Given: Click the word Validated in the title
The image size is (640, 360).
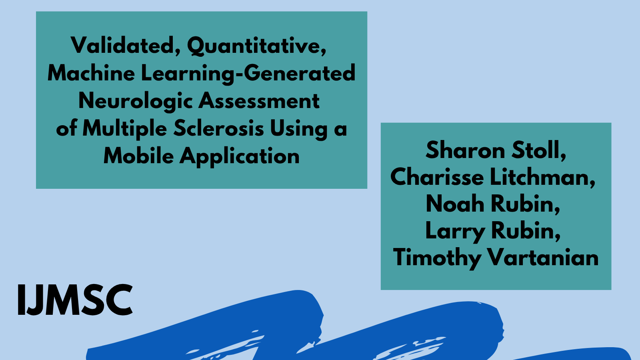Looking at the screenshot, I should pos(122,45).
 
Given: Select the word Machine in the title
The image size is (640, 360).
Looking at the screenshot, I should pos(91,73).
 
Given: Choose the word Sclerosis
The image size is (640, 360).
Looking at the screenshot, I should pos(219,128).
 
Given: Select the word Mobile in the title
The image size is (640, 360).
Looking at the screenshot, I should pos(138,156).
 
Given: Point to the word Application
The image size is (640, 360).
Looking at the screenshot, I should pos(240,156).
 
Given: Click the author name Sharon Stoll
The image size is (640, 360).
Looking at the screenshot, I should pos(496,150).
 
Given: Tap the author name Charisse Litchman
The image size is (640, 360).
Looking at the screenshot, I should pos(493,177).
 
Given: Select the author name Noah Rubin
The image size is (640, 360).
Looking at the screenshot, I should pos(493,204).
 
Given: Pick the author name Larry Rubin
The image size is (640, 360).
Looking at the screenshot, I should pos(493,231).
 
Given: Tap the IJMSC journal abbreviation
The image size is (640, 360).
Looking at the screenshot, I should pos(75,300).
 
